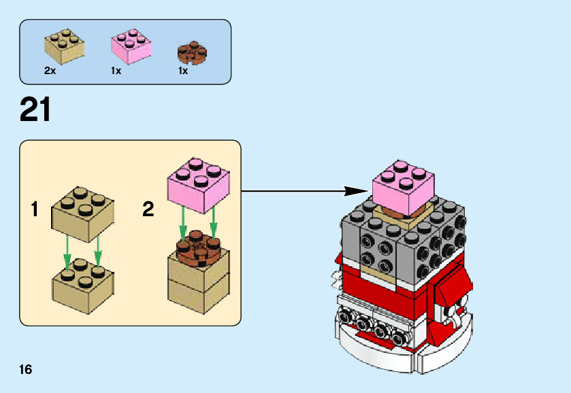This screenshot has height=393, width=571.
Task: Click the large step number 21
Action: (x=35, y=109)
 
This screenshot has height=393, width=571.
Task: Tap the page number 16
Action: (x=26, y=369)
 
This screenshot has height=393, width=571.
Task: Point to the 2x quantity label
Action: (x=49, y=71)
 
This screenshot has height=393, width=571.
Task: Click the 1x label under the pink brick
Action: (x=116, y=71)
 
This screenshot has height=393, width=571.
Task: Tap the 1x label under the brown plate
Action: (x=183, y=71)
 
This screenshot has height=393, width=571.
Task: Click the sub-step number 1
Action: (x=35, y=209)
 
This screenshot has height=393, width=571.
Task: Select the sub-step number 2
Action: (x=148, y=209)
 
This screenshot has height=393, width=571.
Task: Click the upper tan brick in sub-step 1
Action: (x=82, y=214)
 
